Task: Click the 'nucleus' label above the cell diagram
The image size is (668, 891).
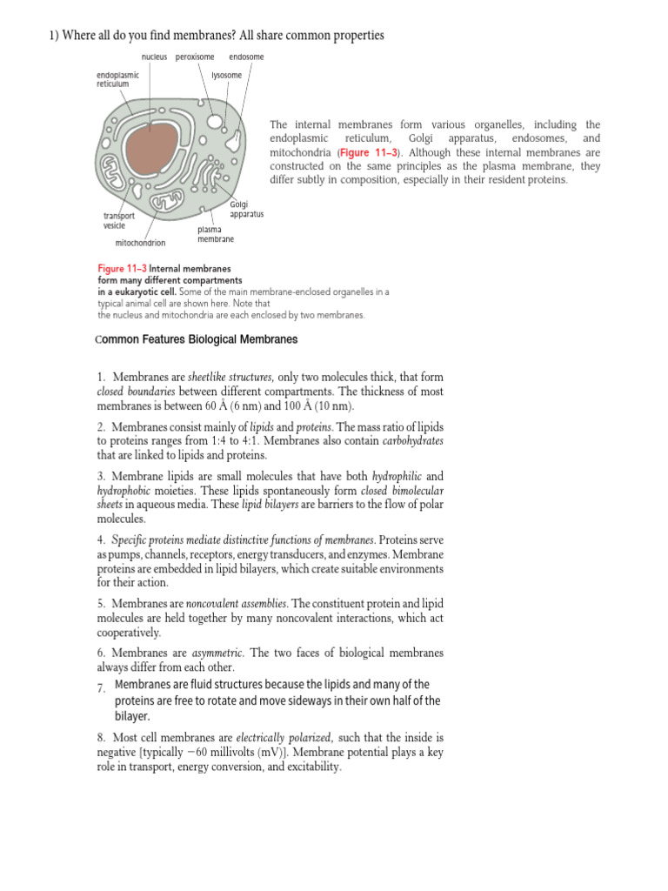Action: click(154, 57)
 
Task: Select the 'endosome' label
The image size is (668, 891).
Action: click(246, 57)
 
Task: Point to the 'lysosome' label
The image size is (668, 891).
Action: click(226, 76)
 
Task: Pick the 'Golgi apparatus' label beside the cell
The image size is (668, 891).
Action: click(246, 209)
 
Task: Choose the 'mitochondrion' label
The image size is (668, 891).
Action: click(140, 244)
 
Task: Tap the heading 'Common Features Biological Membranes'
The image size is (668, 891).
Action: click(196, 339)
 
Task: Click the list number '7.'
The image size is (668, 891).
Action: click(101, 689)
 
